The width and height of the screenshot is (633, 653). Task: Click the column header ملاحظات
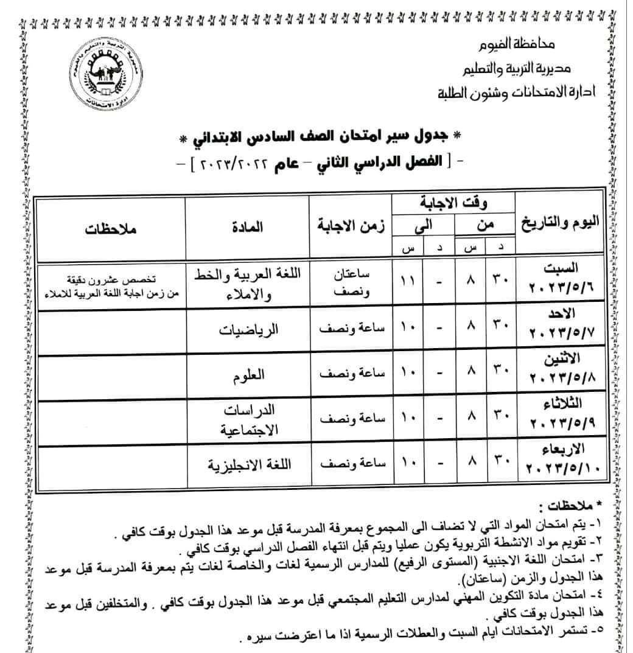[110, 230]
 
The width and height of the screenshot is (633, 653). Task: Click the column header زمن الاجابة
[349, 229]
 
